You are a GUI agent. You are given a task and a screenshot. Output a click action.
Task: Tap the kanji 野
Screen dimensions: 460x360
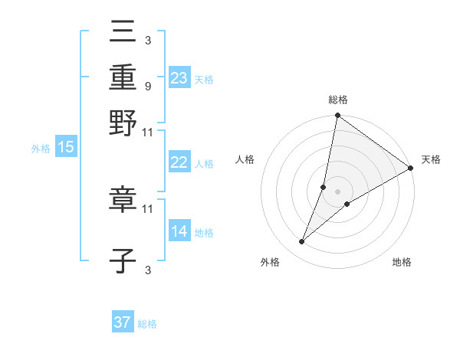click(123, 123)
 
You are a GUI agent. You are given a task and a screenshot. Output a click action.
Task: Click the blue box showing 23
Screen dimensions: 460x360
click(179, 77)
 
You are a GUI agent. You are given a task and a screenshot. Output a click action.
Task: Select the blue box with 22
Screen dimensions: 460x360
click(179, 163)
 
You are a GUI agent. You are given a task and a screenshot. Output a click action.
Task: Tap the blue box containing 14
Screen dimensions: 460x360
click(179, 231)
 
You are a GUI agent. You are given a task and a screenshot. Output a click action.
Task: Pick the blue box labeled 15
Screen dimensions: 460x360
click(66, 148)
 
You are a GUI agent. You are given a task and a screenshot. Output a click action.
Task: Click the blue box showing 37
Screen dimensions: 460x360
click(123, 322)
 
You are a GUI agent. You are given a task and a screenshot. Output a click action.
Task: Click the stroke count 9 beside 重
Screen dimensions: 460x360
click(147, 86)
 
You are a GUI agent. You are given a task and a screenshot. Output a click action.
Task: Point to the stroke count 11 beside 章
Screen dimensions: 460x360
click(148, 208)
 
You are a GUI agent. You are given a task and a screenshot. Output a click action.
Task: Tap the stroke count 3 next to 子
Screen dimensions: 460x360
click(147, 270)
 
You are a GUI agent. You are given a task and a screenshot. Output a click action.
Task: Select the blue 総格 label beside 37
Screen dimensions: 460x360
click(147, 324)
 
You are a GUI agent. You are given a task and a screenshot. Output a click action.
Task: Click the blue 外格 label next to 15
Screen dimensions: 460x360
click(41, 149)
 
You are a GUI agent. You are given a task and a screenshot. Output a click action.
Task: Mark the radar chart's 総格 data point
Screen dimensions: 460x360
click(337, 116)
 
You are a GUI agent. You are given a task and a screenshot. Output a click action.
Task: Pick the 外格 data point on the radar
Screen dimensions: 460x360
click(302, 242)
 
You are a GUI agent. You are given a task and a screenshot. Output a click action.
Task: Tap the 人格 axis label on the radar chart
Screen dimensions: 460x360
click(245, 159)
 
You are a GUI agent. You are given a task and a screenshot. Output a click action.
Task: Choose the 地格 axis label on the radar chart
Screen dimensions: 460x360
click(402, 263)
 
